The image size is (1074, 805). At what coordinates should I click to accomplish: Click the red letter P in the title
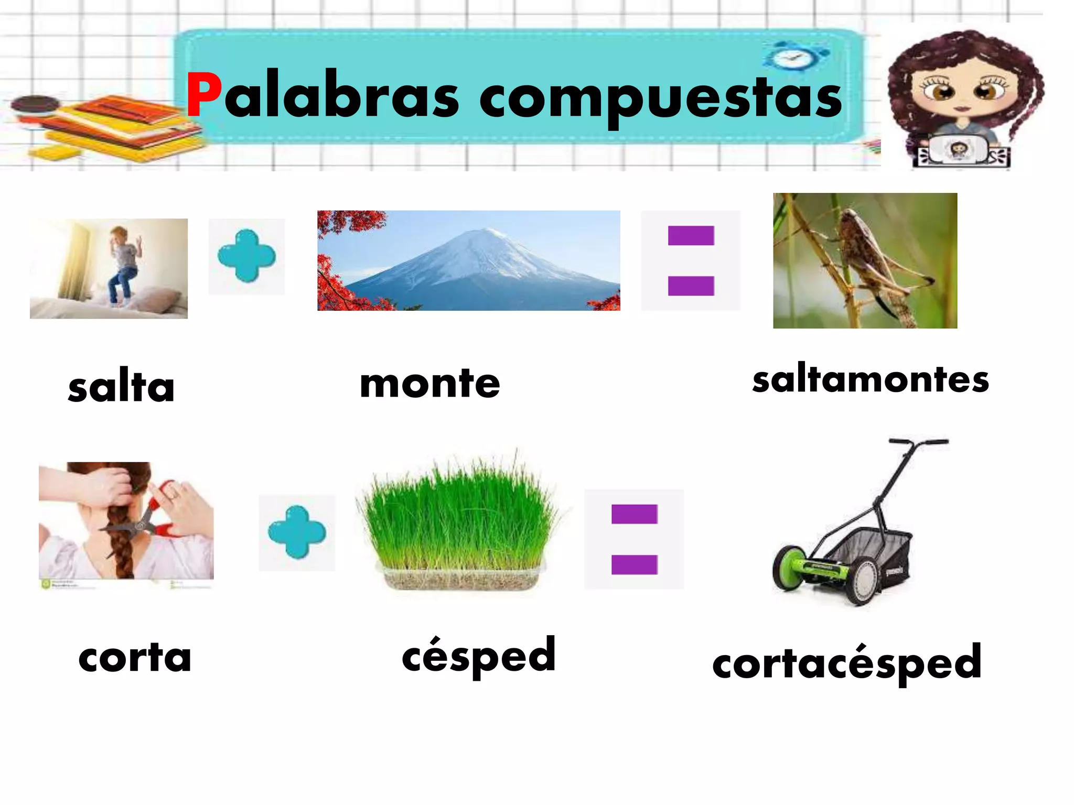point(203,96)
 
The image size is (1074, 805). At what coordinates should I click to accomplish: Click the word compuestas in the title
point(660,100)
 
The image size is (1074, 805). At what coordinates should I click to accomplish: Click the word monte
point(430,383)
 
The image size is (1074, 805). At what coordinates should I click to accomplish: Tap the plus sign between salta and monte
point(246,256)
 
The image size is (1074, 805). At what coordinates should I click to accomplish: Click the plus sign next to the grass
point(297,532)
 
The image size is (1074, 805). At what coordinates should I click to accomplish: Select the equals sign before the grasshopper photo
point(691,260)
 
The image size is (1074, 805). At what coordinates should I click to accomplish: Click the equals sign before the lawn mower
point(634,539)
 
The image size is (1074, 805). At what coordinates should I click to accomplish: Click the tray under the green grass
point(460,578)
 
